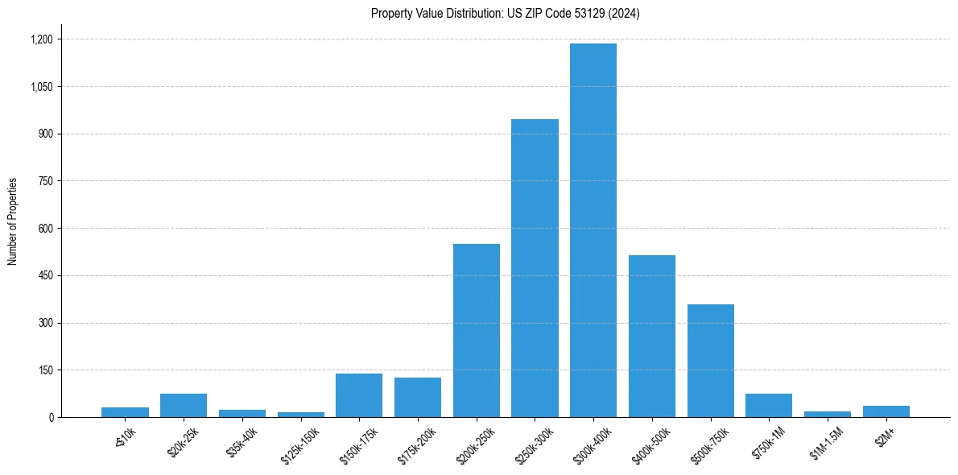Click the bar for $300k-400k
tap(593, 230)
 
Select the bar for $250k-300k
tap(535, 268)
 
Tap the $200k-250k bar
tap(477, 330)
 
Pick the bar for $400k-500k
tap(652, 336)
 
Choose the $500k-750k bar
tap(711, 361)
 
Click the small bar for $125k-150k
tap(301, 415)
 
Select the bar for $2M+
tap(886, 411)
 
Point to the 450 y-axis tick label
tap(45, 276)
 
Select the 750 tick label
tap(45, 181)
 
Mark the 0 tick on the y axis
tap(50, 418)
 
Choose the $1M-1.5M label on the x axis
tap(828, 445)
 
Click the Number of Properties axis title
tap(12, 221)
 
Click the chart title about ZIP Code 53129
tap(506, 14)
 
